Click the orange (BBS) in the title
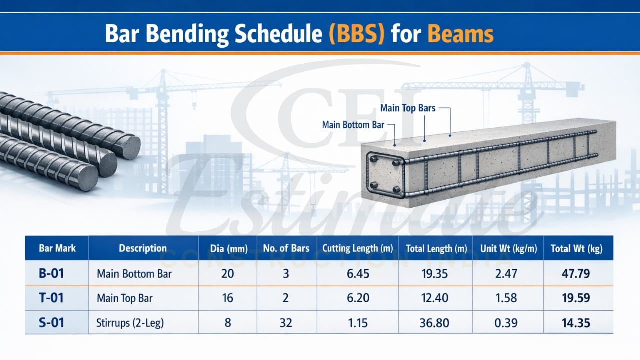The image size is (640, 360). pos(356,34)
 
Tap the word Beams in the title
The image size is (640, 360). pos(460,34)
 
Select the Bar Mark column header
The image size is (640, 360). pos(57,248)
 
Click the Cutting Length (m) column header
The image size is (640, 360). pos(357,248)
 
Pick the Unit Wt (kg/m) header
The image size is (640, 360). pos(506,248)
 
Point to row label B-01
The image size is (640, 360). pos(51,273)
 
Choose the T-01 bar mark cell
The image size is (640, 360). pos(51,298)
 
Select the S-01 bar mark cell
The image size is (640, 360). pos(51,323)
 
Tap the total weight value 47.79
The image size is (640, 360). pos(576,273)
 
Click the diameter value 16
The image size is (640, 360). pos(228,298)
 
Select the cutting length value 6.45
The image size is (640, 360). pos(357,273)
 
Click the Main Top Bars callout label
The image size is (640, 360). pos(407,108)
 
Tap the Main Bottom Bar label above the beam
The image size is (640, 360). pos(353,125)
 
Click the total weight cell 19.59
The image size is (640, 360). pos(576,298)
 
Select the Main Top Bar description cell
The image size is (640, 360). pos(124,298)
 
